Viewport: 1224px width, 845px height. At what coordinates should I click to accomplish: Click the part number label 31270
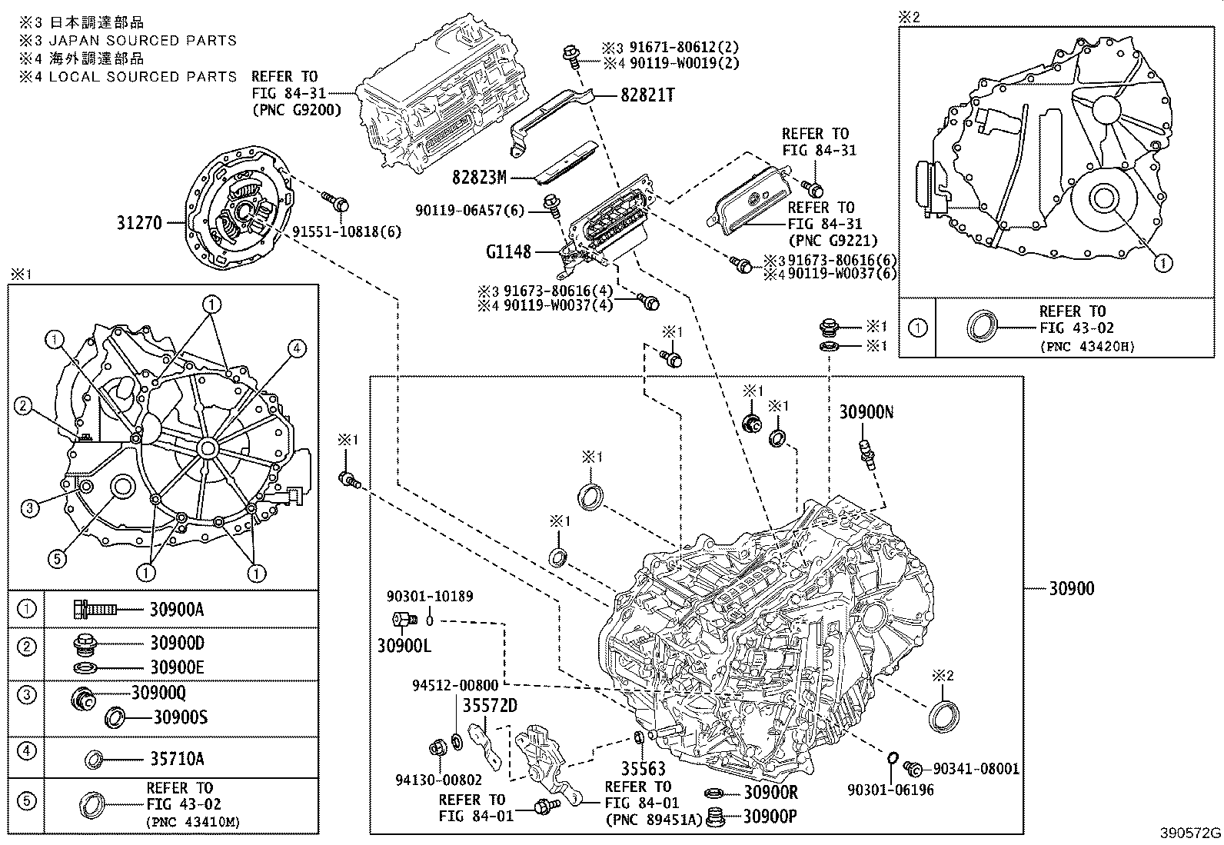pyautogui.click(x=139, y=224)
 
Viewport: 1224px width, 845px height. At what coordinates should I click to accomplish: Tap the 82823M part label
pyautogui.click(x=479, y=178)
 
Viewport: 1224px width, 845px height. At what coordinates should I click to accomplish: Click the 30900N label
pyautogui.click(x=866, y=412)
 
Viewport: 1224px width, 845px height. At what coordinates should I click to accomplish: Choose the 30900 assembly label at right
pyautogui.click(x=1072, y=589)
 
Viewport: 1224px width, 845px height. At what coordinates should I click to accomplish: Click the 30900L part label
pyautogui.click(x=404, y=645)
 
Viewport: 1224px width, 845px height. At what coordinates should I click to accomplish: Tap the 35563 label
pyautogui.click(x=643, y=769)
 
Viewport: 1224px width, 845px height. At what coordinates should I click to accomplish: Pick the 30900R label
pyautogui.click(x=770, y=793)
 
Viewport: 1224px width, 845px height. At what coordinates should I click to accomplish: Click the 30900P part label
pyautogui.click(x=770, y=817)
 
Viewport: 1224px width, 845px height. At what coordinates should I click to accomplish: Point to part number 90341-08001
pyautogui.click(x=976, y=768)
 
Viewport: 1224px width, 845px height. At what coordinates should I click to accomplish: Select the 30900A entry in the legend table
pyautogui.click(x=177, y=610)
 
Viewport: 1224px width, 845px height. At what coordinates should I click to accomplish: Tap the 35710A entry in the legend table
pyautogui.click(x=177, y=760)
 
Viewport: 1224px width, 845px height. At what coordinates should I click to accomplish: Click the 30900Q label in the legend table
pyautogui.click(x=158, y=693)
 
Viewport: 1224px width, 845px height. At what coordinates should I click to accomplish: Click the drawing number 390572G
pyautogui.click(x=1190, y=833)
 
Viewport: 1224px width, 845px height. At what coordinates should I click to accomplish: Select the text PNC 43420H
pyautogui.click(x=1086, y=346)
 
